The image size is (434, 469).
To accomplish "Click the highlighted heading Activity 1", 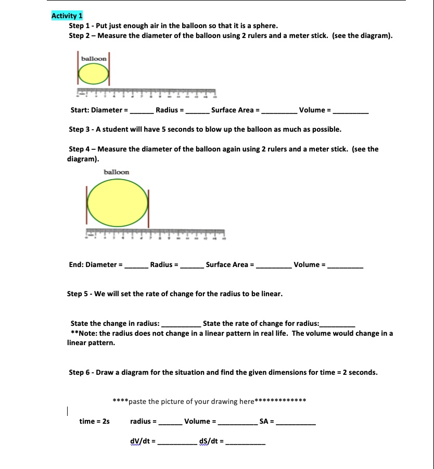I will (67, 16).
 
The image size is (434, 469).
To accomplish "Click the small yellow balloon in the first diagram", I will (93, 75).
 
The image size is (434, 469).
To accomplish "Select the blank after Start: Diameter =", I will (141, 111).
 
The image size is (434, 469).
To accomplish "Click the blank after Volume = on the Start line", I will (351, 111).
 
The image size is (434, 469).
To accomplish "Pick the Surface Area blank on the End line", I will (273, 265).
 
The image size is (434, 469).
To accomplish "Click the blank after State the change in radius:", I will (181, 324).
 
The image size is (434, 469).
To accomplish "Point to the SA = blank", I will (295, 422).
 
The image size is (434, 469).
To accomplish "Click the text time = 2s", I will (94, 421).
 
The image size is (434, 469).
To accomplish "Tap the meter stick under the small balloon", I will (146, 93).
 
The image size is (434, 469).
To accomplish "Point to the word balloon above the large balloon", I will (117, 172).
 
